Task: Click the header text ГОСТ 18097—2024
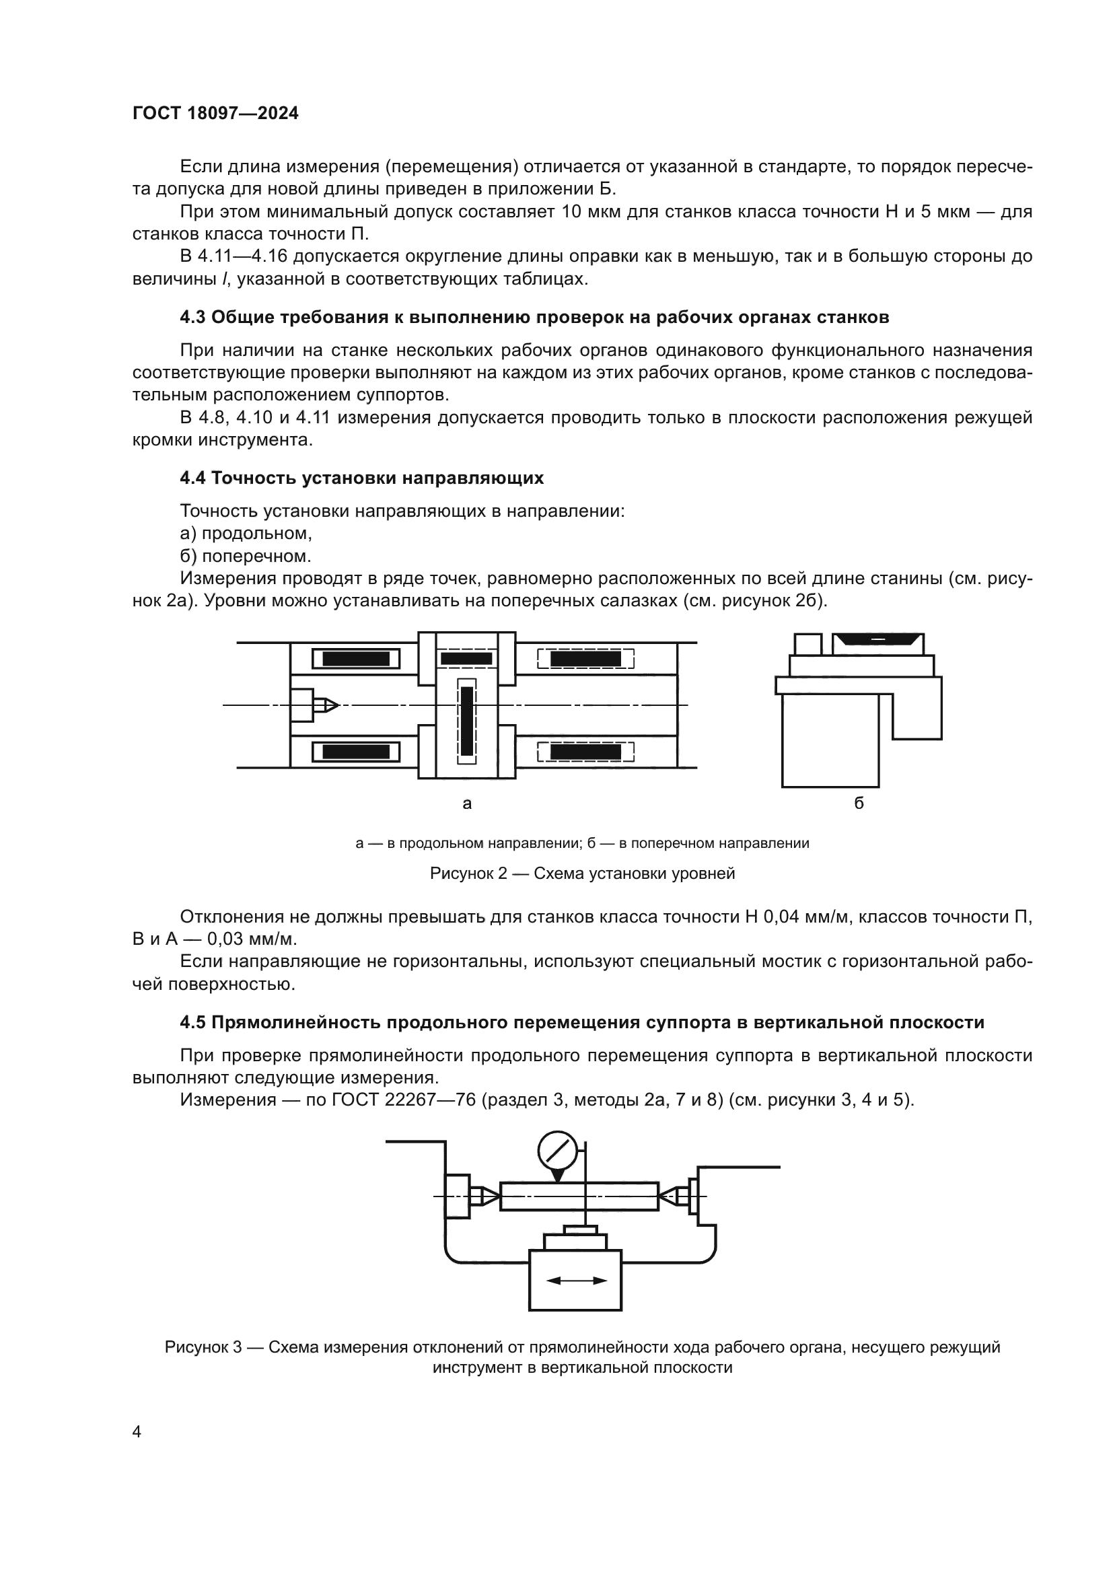point(215,114)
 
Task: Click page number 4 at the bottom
point(137,1431)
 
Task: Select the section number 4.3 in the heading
point(192,318)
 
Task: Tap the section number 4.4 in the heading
point(192,478)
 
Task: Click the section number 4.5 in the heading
point(192,1022)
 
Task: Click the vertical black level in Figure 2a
point(467,721)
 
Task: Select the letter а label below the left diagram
point(467,803)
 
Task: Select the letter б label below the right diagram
point(859,803)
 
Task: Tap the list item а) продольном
point(246,533)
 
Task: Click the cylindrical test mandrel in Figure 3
point(579,1196)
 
